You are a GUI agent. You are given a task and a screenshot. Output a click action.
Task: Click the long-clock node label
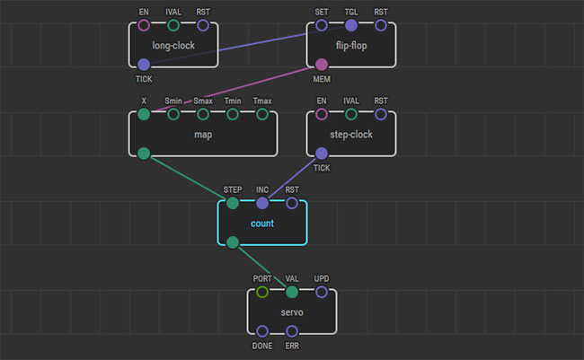click(173, 45)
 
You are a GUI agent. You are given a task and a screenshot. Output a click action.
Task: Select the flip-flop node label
click(351, 45)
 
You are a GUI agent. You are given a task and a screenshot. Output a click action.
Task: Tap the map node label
click(203, 134)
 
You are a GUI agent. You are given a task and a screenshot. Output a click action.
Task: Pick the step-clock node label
click(351, 134)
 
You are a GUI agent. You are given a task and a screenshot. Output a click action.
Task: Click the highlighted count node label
click(262, 223)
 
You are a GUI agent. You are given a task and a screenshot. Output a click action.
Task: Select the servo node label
click(292, 312)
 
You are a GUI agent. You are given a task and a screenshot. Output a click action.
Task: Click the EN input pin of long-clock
click(144, 25)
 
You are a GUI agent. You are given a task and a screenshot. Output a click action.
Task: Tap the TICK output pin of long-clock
click(144, 65)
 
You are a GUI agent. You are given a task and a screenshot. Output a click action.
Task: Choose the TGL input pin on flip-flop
click(351, 25)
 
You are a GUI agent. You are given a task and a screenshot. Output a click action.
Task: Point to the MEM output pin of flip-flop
click(322, 65)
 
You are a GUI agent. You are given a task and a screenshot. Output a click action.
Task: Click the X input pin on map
click(144, 114)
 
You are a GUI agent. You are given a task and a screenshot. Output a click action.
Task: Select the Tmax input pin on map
click(262, 114)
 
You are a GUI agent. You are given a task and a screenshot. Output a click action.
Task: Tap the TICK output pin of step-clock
click(322, 154)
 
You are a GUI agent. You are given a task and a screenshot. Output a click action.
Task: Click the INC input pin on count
click(262, 203)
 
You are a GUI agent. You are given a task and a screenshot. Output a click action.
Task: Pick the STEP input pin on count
click(233, 203)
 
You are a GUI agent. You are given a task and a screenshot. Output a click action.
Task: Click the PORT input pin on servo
click(262, 292)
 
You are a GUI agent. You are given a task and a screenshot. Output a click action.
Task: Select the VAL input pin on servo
click(292, 292)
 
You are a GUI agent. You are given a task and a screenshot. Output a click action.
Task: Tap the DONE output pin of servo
click(262, 331)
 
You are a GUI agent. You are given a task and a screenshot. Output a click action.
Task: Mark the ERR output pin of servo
click(292, 331)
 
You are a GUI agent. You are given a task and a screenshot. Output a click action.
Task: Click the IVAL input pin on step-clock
click(351, 114)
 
